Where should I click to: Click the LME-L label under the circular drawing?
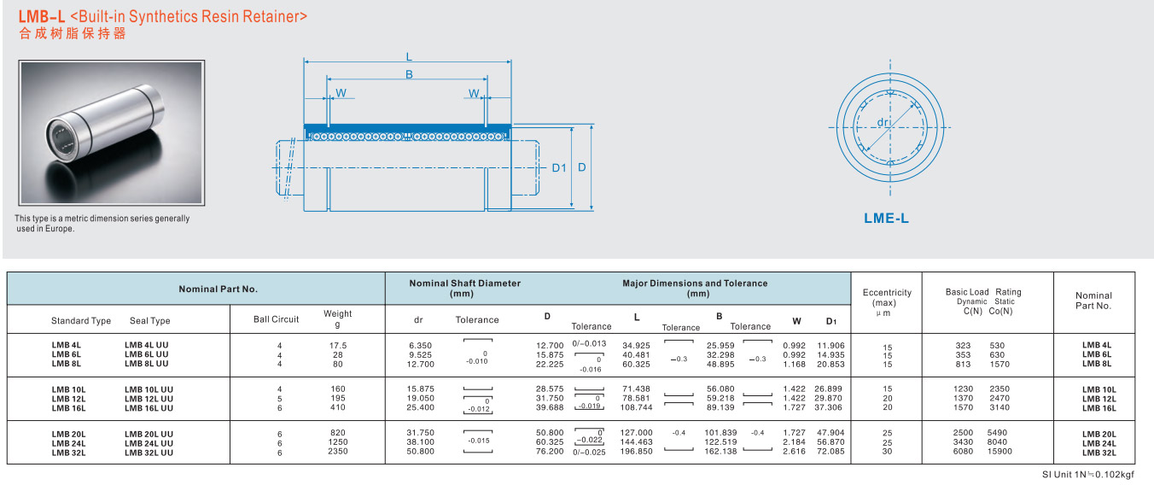(886, 218)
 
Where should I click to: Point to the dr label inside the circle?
(883, 122)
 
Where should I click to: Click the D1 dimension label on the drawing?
(559, 167)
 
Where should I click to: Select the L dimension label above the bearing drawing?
(409, 56)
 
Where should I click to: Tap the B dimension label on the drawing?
(409, 74)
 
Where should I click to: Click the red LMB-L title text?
(42, 16)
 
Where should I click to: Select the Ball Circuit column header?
(277, 319)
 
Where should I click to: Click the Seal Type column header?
(150, 320)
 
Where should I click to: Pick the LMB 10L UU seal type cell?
(149, 389)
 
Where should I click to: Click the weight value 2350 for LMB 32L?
(338, 452)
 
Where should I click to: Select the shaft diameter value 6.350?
(421, 345)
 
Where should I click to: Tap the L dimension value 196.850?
(636, 452)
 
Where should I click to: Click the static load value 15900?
(1000, 452)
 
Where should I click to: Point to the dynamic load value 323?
(963, 345)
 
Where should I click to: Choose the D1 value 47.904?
(831, 433)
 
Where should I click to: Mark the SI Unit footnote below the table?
(1087, 474)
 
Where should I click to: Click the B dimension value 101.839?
(720, 433)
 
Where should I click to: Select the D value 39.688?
(550, 407)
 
